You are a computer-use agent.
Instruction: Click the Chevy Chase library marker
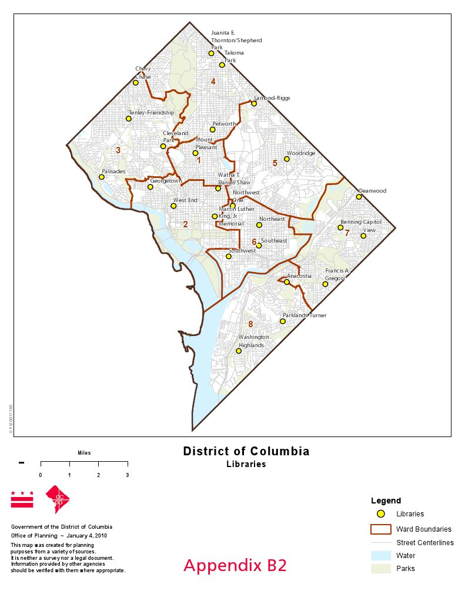click(x=136, y=83)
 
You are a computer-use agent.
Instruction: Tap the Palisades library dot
click(x=102, y=177)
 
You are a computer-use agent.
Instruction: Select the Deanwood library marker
click(x=359, y=197)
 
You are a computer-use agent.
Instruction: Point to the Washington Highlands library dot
click(x=239, y=351)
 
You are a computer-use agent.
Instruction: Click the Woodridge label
click(x=301, y=153)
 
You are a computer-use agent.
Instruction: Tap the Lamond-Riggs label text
click(x=272, y=98)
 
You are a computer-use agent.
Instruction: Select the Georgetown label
click(x=166, y=181)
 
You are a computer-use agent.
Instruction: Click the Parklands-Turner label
click(x=305, y=315)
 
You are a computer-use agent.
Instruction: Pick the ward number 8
click(x=250, y=324)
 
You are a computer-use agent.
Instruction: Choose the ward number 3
click(x=118, y=150)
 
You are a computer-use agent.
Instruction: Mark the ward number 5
click(x=275, y=163)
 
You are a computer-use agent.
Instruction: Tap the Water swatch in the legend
click(x=381, y=555)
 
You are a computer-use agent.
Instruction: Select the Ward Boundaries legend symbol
click(x=381, y=529)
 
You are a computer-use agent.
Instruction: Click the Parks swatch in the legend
click(x=381, y=569)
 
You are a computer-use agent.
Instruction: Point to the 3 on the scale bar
click(x=128, y=475)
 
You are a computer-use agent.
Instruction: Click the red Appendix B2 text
click(x=235, y=565)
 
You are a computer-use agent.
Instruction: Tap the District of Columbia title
click(x=246, y=452)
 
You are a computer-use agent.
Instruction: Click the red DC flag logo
click(x=22, y=499)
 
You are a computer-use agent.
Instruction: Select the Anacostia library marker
click(x=287, y=282)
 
